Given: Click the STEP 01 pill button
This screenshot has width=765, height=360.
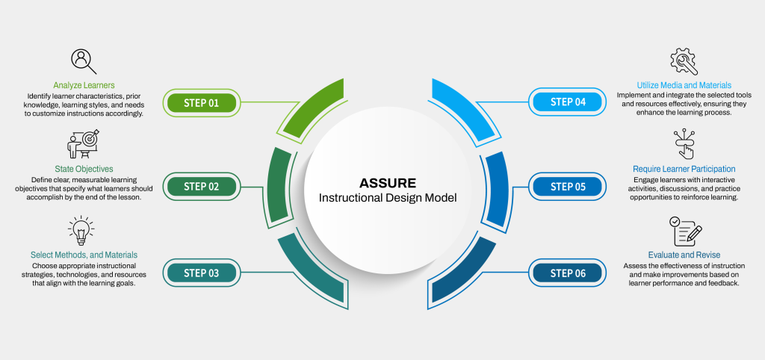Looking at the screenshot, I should coord(201,102).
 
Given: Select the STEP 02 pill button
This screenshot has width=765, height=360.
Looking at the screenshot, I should coord(201,187).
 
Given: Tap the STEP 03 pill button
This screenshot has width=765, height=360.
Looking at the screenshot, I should coord(201,273).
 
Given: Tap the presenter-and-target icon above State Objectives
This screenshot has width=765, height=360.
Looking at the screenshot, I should coord(83,144).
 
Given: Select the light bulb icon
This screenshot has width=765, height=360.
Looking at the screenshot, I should coord(83,232).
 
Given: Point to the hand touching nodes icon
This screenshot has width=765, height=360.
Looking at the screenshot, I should coord(684,144).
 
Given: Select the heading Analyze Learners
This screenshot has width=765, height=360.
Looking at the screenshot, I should coord(84,85).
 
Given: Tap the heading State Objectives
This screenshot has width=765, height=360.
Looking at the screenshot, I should coord(83,169).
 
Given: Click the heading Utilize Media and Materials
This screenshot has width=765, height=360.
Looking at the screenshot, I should coord(684,85).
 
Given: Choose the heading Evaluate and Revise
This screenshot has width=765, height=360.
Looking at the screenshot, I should coord(684,255).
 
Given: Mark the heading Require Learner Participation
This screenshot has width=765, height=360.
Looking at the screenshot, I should coord(684,169).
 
